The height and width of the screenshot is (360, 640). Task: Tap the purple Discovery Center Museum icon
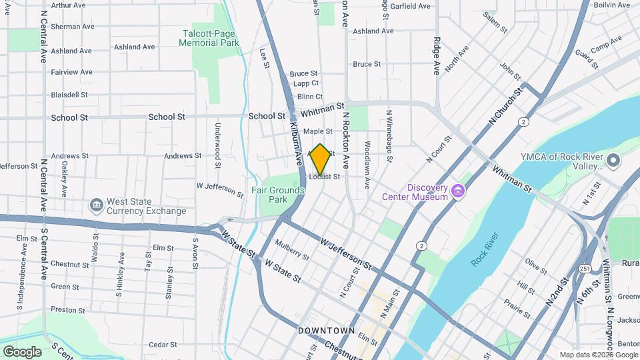457,192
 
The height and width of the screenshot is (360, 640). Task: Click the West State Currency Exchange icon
96,203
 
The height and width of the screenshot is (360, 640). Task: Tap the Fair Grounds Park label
278,195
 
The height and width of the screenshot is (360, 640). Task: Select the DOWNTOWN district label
326,331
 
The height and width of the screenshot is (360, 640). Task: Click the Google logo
22,351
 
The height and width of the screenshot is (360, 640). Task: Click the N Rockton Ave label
346,139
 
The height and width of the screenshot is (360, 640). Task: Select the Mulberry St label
292,250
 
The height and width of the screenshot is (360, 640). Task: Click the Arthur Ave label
69,5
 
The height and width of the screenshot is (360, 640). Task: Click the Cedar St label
162,345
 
